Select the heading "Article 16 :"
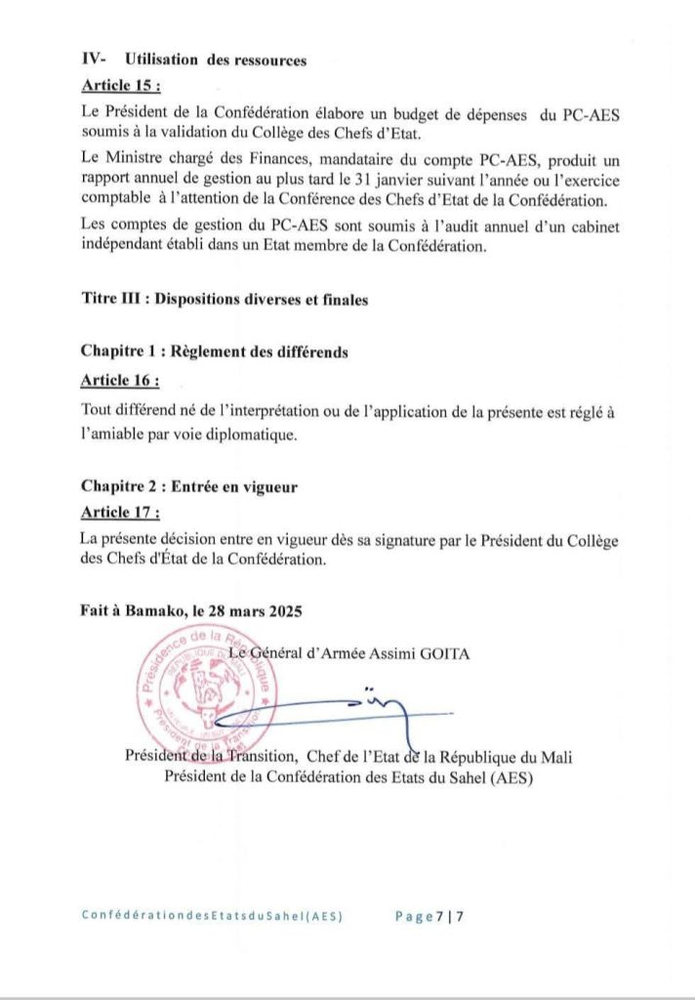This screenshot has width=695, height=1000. pyautogui.click(x=121, y=379)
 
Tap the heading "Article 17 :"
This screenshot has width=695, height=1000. pyautogui.click(x=121, y=512)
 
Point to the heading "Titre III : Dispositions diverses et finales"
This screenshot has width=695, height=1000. pyautogui.click(x=225, y=301)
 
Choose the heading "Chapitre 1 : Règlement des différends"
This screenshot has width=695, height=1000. pyautogui.click(x=215, y=352)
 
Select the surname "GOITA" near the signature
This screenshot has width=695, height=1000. pyautogui.click(x=444, y=653)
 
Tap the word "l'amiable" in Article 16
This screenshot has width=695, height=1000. pyautogui.click(x=114, y=433)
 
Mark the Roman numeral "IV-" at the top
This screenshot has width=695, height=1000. pyautogui.click(x=94, y=61)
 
